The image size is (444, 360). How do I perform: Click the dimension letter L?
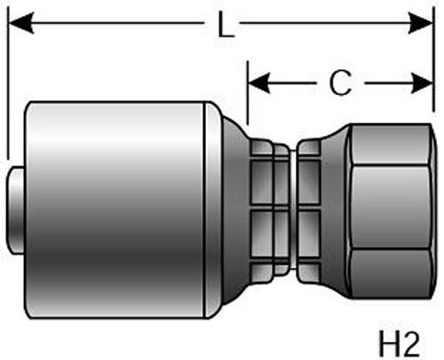coord(226,25)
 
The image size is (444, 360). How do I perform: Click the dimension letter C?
coord(341,84)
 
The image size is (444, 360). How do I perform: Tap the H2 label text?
coord(399,344)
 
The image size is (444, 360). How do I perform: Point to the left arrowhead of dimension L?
coord(20,23)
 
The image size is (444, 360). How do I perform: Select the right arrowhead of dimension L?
coord(421,23)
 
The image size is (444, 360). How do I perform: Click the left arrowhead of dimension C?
coord(259,83)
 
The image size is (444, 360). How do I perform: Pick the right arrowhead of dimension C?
coord(423,84)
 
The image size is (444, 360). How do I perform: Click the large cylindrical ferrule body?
coord(115,211)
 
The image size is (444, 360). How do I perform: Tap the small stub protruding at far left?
coord(15,211)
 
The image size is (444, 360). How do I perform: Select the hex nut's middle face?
coord(391,207)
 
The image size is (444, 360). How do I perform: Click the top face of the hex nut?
coord(391,144)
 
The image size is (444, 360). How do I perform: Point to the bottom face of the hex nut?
coord(391,274)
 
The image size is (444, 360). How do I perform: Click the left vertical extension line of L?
coord(9,83)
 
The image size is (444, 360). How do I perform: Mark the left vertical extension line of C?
coord(248,92)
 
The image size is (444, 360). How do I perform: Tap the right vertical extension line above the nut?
coord(434,60)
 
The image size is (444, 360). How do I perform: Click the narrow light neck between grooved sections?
coord(293,210)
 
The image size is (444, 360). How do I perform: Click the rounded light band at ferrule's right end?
coord(212,211)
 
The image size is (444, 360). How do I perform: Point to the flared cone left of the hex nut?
coord(334,211)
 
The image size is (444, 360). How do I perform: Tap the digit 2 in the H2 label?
coord(410,344)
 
